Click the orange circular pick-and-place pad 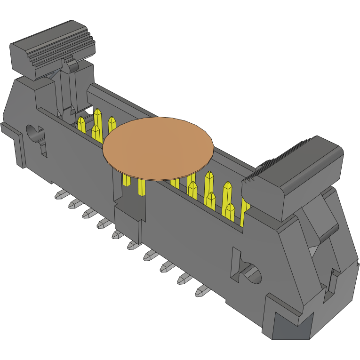[158, 148]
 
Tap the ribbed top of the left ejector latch [52, 47]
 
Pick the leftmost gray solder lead [60, 194]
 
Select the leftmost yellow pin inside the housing [81, 124]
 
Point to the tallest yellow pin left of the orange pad [98, 120]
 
